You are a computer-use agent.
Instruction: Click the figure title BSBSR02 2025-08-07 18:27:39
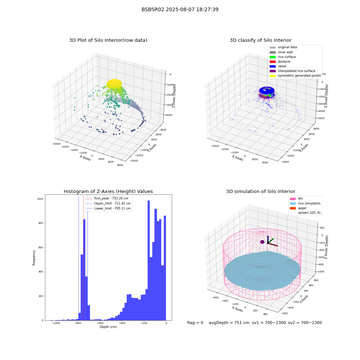(x=180, y=9)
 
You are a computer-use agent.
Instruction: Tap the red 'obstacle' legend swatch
(x=273, y=62)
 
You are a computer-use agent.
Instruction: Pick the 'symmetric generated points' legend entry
(x=295, y=76)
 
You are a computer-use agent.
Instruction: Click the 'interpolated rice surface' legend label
(x=296, y=71)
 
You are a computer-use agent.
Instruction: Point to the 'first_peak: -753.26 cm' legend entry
(x=107, y=198)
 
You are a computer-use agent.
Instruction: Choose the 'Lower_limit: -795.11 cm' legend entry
(x=108, y=208)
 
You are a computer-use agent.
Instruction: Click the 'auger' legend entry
(x=298, y=208)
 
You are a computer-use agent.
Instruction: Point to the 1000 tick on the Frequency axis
(x=40, y=199)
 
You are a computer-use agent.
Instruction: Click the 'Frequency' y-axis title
(x=34, y=258)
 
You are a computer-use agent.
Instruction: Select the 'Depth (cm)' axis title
(x=108, y=327)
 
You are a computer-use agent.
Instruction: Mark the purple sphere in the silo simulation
(x=262, y=242)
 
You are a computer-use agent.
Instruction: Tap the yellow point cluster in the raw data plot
(x=114, y=84)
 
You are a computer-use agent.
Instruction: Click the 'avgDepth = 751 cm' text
(x=229, y=323)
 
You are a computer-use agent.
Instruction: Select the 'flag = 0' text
(x=195, y=323)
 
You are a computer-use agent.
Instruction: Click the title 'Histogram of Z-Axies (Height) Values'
(x=108, y=191)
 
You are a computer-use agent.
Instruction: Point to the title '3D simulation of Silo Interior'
(x=261, y=191)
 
